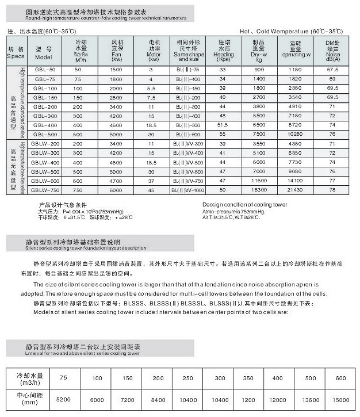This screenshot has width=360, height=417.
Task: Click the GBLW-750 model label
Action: (x=45, y=189)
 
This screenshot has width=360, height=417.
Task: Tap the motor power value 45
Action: (x=151, y=189)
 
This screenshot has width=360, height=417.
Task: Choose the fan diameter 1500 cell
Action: (x=115, y=69)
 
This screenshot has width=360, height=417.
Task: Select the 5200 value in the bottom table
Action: (x=63, y=399)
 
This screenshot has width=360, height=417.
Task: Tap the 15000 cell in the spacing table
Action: (x=342, y=399)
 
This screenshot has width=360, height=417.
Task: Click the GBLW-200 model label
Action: (x=45, y=143)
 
